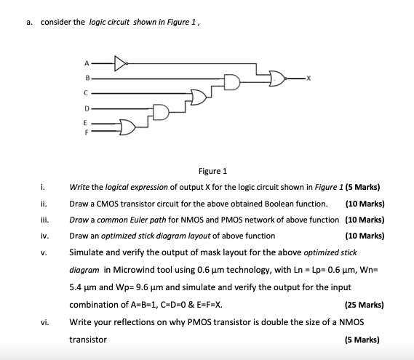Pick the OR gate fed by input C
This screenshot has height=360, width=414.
tap(197, 97)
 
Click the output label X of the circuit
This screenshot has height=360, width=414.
tap(309, 78)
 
